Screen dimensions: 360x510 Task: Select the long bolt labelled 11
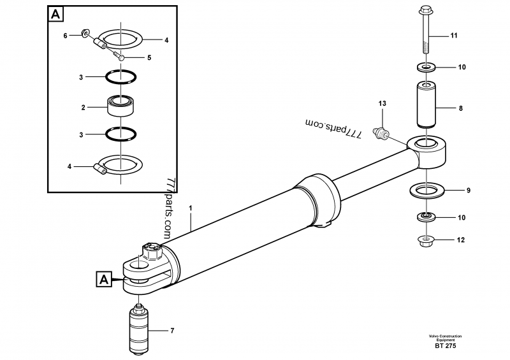[426, 32]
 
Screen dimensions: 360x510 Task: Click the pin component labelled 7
[139, 330]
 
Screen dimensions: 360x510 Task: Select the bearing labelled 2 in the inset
[121, 105]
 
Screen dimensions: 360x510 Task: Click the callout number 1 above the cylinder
[190, 208]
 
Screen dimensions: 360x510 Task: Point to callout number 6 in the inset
[65, 36]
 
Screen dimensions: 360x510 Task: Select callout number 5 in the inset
[149, 57]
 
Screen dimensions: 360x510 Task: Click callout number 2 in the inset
[82, 108]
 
